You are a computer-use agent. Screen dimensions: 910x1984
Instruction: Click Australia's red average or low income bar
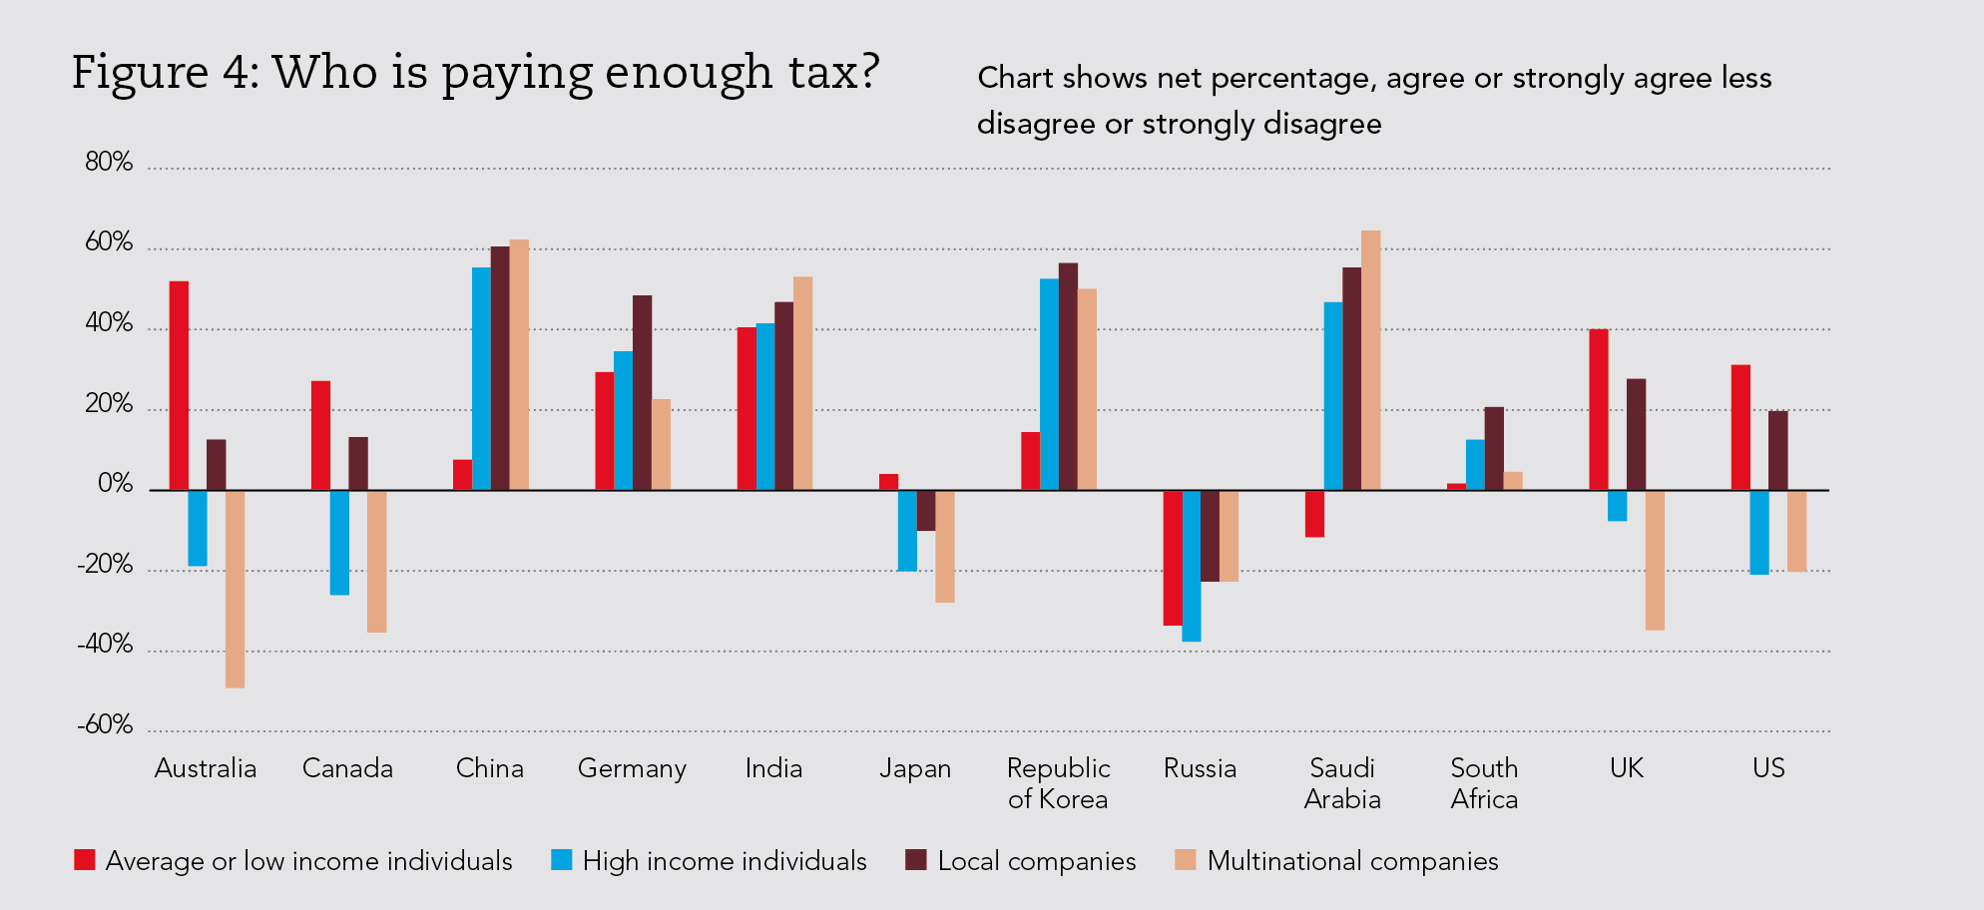click(179, 385)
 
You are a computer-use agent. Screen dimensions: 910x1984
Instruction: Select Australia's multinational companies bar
click(235, 589)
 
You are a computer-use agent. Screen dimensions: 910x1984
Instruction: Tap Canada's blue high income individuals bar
click(339, 542)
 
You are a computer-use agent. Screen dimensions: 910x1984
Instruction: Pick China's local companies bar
click(500, 368)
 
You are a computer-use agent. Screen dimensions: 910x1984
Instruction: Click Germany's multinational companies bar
click(661, 444)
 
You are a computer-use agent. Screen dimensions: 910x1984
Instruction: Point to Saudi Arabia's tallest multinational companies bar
click(1370, 360)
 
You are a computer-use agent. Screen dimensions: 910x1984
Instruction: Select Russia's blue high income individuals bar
click(1191, 566)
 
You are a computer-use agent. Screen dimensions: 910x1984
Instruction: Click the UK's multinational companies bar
click(1655, 560)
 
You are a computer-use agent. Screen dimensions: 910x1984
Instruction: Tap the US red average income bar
click(1740, 427)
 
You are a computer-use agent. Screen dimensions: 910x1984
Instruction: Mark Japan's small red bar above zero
click(888, 482)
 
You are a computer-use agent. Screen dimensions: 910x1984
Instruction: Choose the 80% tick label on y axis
click(109, 163)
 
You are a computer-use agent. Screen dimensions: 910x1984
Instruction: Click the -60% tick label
click(105, 725)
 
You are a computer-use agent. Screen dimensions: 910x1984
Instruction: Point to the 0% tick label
click(115, 485)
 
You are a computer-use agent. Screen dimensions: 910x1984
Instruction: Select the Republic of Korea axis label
click(1058, 783)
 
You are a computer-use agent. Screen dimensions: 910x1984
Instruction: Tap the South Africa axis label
click(1484, 783)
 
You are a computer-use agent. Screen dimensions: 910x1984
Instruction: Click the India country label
click(773, 768)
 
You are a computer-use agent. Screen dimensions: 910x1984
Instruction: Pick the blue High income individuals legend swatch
click(562, 860)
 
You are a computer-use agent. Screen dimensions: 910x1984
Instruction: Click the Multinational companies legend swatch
click(1186, 860)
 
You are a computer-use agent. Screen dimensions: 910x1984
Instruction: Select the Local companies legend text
click(1036, 861)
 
